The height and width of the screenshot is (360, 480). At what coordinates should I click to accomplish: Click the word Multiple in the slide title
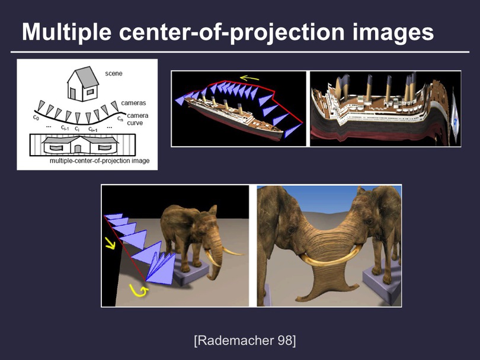pos(66,31)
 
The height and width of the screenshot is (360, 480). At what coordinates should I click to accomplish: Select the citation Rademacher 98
pos(245,340)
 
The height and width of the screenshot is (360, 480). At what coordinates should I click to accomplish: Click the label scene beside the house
pos(114,73)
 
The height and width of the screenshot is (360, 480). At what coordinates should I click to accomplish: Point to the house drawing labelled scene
pos(83,84)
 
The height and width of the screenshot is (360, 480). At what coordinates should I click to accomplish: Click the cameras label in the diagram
pos(133,103)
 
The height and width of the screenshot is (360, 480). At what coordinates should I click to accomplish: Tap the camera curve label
pos(137,119)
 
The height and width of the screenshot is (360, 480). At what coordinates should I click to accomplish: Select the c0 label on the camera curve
pos(36,117)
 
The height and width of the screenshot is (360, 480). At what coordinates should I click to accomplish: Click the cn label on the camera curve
pos(120,118)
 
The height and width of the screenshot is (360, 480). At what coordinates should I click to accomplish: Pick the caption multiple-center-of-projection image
pos(100,160)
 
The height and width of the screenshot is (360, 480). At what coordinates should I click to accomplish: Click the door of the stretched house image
pos(78,149)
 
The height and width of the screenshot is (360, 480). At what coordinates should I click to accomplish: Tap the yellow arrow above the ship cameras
pos(249,78)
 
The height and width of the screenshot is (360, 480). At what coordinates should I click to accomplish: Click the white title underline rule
pos(240,52)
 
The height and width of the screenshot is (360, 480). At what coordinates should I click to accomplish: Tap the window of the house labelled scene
pos(90,91)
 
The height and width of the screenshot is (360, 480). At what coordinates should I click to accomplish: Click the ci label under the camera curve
pos(77,128)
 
